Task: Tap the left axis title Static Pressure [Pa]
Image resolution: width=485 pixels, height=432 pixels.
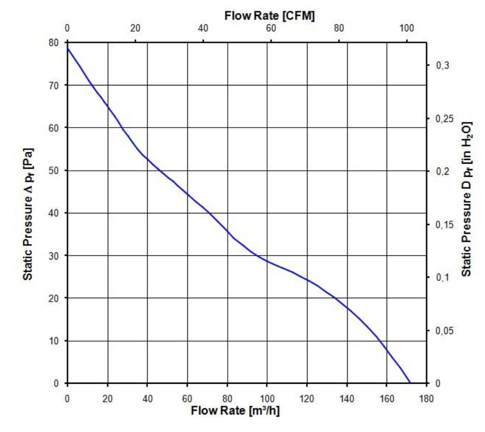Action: click(x=27, y=212)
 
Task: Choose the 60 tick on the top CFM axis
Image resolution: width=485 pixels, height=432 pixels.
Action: click(x=271, y=29)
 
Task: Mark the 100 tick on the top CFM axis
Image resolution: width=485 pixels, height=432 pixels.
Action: click(x=407, y=29)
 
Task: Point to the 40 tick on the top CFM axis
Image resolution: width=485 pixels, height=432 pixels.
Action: click(x=203, y=29)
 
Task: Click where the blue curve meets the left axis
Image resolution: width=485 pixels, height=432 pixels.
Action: click(x=67, y=49)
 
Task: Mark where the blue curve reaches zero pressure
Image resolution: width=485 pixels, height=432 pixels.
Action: click(x=409, y=383)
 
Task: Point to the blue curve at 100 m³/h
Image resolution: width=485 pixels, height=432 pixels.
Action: click(x=267, y=261)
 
